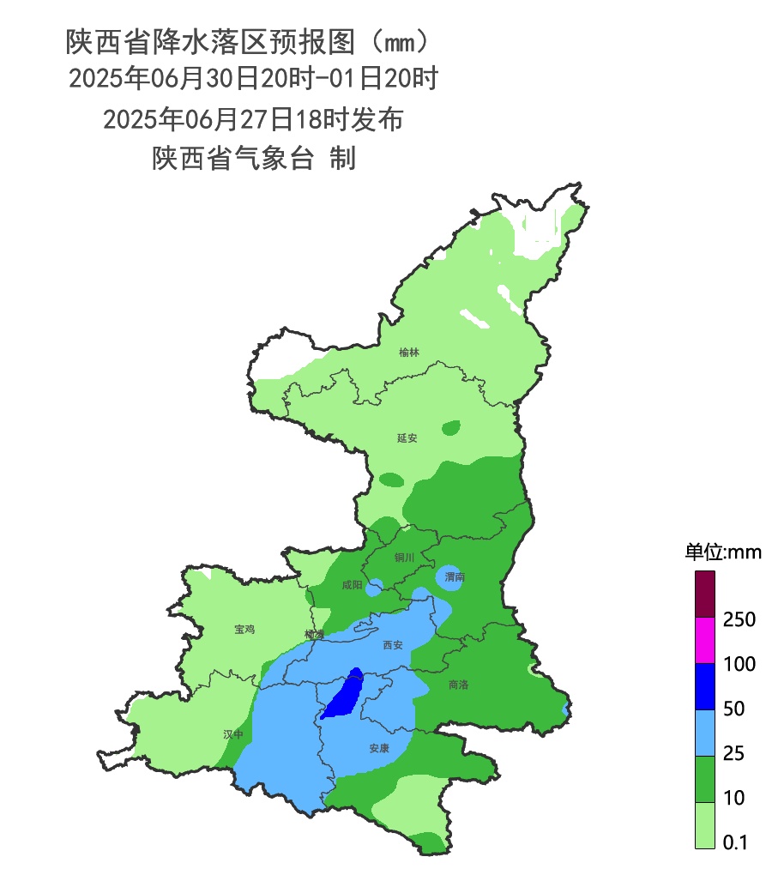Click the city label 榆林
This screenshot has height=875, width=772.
pos(410,353)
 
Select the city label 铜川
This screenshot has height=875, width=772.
pos(404,558)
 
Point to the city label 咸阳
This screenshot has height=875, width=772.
pos(352,585)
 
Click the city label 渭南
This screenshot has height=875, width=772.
pos(455,578)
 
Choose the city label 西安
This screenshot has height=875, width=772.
pos(393,645)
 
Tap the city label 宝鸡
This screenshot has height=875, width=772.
pos(244,630)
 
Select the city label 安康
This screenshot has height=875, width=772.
pos(379,748)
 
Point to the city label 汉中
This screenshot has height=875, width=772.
pos(233,734)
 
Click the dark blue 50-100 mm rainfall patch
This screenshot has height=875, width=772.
pos(345,695)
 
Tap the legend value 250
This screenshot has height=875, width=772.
pos(739,619)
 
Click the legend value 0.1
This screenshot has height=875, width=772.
pos(735,843)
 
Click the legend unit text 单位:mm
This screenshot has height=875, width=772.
pos(722,552)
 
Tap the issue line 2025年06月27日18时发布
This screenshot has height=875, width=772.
pos(253,119)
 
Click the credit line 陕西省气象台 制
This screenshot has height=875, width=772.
pos(253,159)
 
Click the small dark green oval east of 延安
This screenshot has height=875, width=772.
pos(451,427)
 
